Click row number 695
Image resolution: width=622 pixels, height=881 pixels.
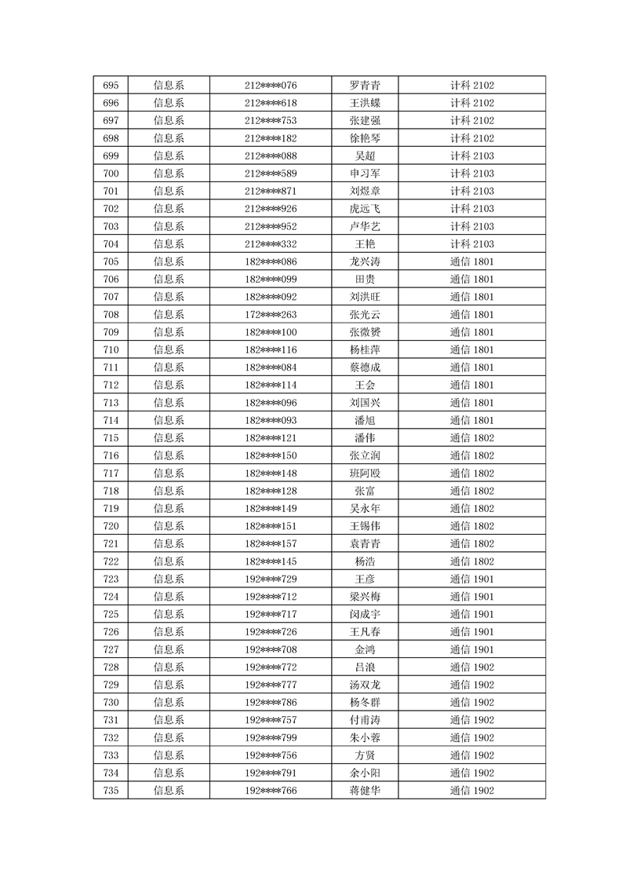tap(111, 86)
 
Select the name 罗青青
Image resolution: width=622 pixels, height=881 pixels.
tap(365, 86)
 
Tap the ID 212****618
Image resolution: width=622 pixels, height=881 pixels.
tap(271, 103)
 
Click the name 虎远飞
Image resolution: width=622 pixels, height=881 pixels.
tap(365, 209)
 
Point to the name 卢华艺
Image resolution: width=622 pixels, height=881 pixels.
tap(365, 226)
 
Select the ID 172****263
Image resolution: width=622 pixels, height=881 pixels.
tap(271, 314)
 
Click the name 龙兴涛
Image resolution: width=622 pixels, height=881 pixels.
tap(365, 261)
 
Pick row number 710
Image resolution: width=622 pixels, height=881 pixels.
tap(111, 349)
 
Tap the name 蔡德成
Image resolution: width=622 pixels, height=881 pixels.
tap(365, 367)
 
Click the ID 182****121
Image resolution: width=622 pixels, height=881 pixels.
tap(271, 437)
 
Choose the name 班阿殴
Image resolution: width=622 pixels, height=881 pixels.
tap(365, 473)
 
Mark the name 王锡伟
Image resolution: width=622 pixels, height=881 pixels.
tap(365, 526)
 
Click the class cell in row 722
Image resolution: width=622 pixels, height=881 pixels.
tap(471, 561)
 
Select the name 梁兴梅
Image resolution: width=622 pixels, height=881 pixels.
tap(365, 596)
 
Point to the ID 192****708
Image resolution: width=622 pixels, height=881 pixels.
tap(271, 649)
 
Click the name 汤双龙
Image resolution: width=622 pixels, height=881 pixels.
tap(365, 685)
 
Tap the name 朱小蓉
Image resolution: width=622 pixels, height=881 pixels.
tap(365, 737)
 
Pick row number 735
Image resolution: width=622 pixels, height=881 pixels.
tap(111, 790)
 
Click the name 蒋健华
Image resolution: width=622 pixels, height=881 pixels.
tap(365, 790)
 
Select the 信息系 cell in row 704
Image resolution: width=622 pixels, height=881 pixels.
tap(169, 244)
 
